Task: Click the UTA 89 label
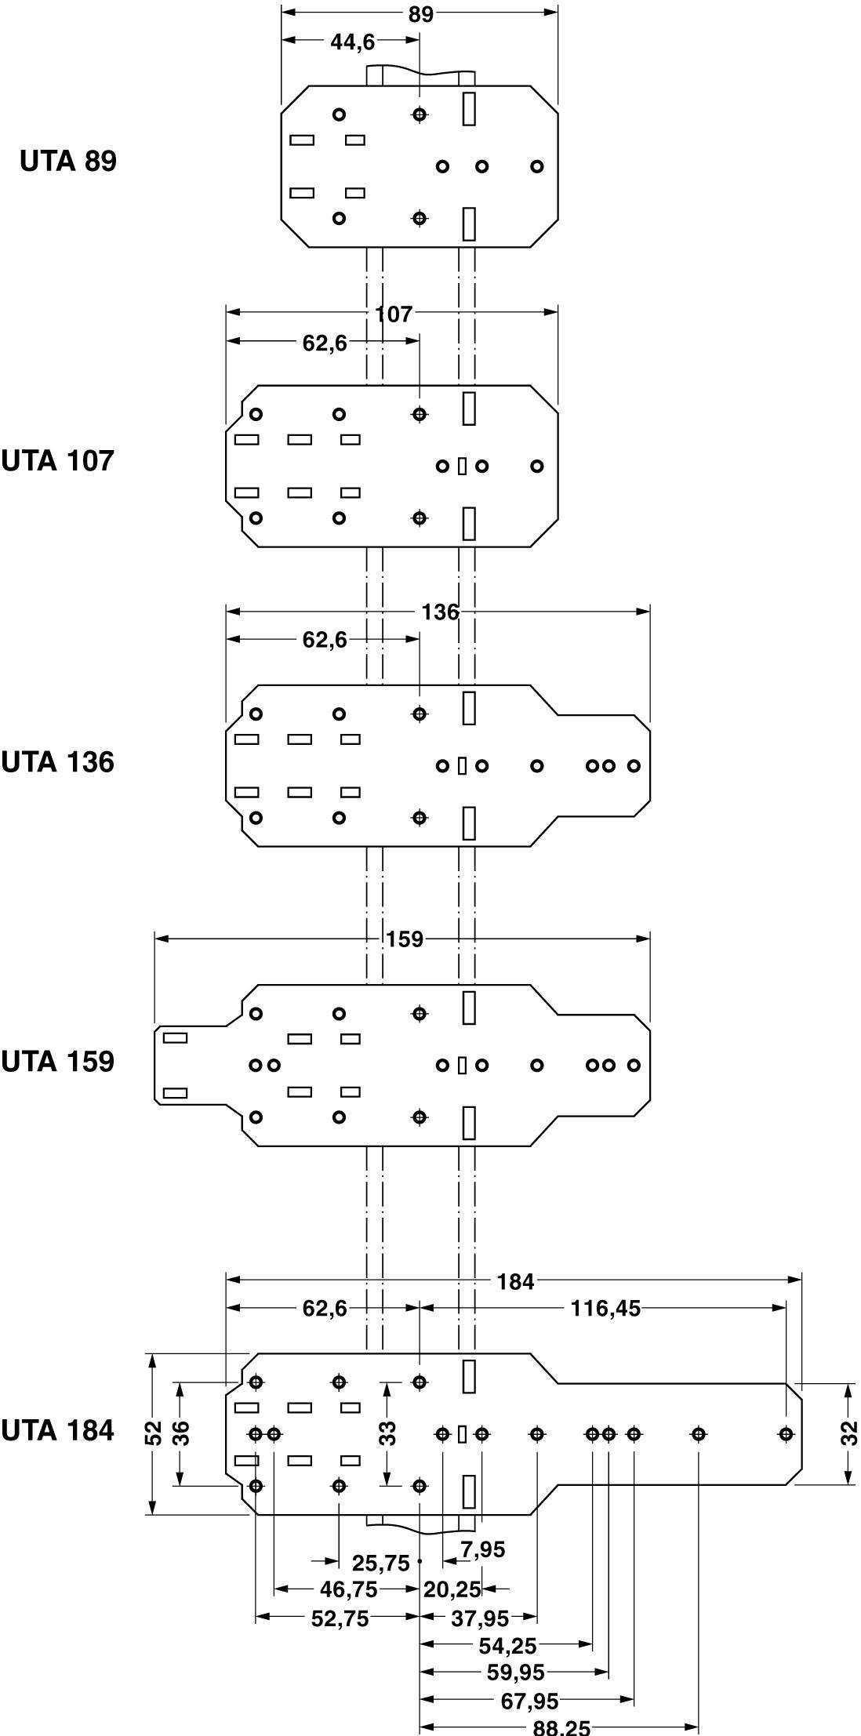68,161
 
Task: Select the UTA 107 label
58,460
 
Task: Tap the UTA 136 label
58,761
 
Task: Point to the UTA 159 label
58,1062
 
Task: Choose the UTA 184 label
58,1431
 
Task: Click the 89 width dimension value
420,15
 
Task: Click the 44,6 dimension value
352,42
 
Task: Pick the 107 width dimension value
393,314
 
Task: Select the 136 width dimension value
440,612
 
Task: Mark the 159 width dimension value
404,939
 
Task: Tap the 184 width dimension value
515,1282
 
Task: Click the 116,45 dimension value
606,1309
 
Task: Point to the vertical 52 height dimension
154,1433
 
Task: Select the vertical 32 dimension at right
848,1433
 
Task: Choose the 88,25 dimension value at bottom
561,1728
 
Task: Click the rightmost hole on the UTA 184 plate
785,1434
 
